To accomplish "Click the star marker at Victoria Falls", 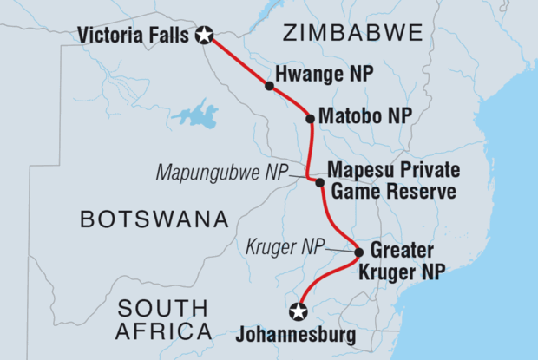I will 204,36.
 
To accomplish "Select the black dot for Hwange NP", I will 270,86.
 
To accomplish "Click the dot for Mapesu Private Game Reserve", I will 320,182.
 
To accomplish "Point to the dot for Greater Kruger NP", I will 359,253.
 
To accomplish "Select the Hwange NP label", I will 325,75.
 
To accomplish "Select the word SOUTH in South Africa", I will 163,307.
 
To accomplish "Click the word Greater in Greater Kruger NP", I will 404,252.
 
